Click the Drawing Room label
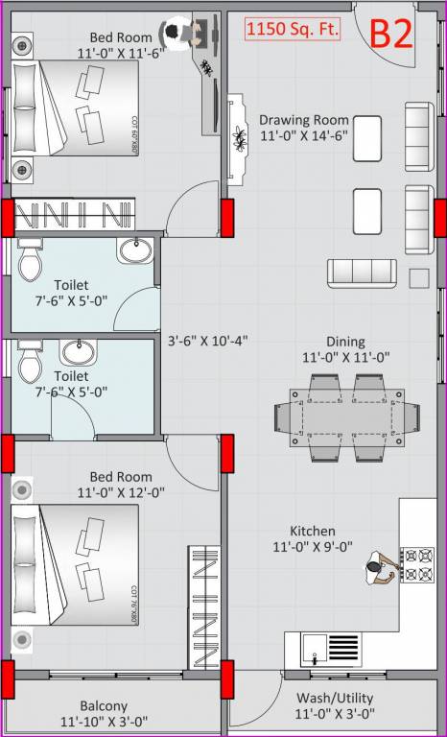(x=303, y=120)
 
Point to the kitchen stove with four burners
(x=417, y=564)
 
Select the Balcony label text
(x=104, y=704)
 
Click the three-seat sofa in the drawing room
(x=362, y=273)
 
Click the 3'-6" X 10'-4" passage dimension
(x=208, y=340)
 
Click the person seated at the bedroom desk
(x=176, y=33)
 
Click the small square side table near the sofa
(x=418, y=278)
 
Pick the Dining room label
(x=345, y=341)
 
